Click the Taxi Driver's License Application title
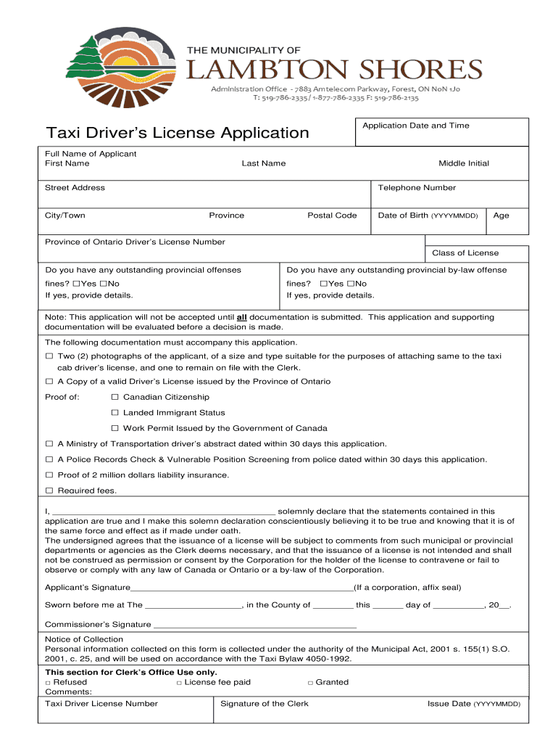click(178, 133)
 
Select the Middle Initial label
click(463, 163)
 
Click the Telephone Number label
click(417, 188)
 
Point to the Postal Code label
click(332, 215)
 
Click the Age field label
click(501, 215)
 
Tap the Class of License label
click(465, 253)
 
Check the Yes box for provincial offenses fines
click(76, 284)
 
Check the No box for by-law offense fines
click(351, 284)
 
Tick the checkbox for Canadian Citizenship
click(114, 398)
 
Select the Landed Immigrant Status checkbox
click(114, 413)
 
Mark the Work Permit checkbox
click(114, 429)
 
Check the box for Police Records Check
click(49, 460)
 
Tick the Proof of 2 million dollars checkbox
click(49, 475)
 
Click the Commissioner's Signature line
click(254, 625)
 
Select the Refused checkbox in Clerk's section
click(48, 683)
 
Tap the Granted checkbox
click(310, 683)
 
